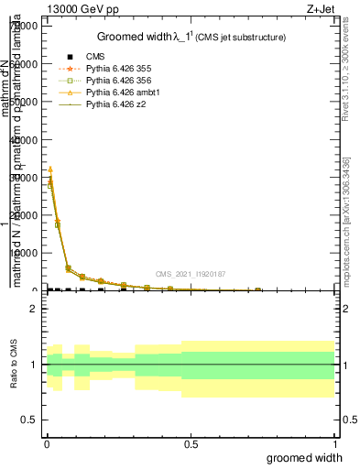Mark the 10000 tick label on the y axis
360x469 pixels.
[x=22, y=253]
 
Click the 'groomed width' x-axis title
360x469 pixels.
[x=305, y=457]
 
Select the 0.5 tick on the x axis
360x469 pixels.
[x=191, y=443]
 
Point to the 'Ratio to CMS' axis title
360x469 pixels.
[x=14, y=365]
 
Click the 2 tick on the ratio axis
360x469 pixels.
[x=33, y=310]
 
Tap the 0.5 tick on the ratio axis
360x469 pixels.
[x=28, y=420]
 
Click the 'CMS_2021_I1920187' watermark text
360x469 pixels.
[x=191, y=273]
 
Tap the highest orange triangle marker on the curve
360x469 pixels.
[x=50, y=169]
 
